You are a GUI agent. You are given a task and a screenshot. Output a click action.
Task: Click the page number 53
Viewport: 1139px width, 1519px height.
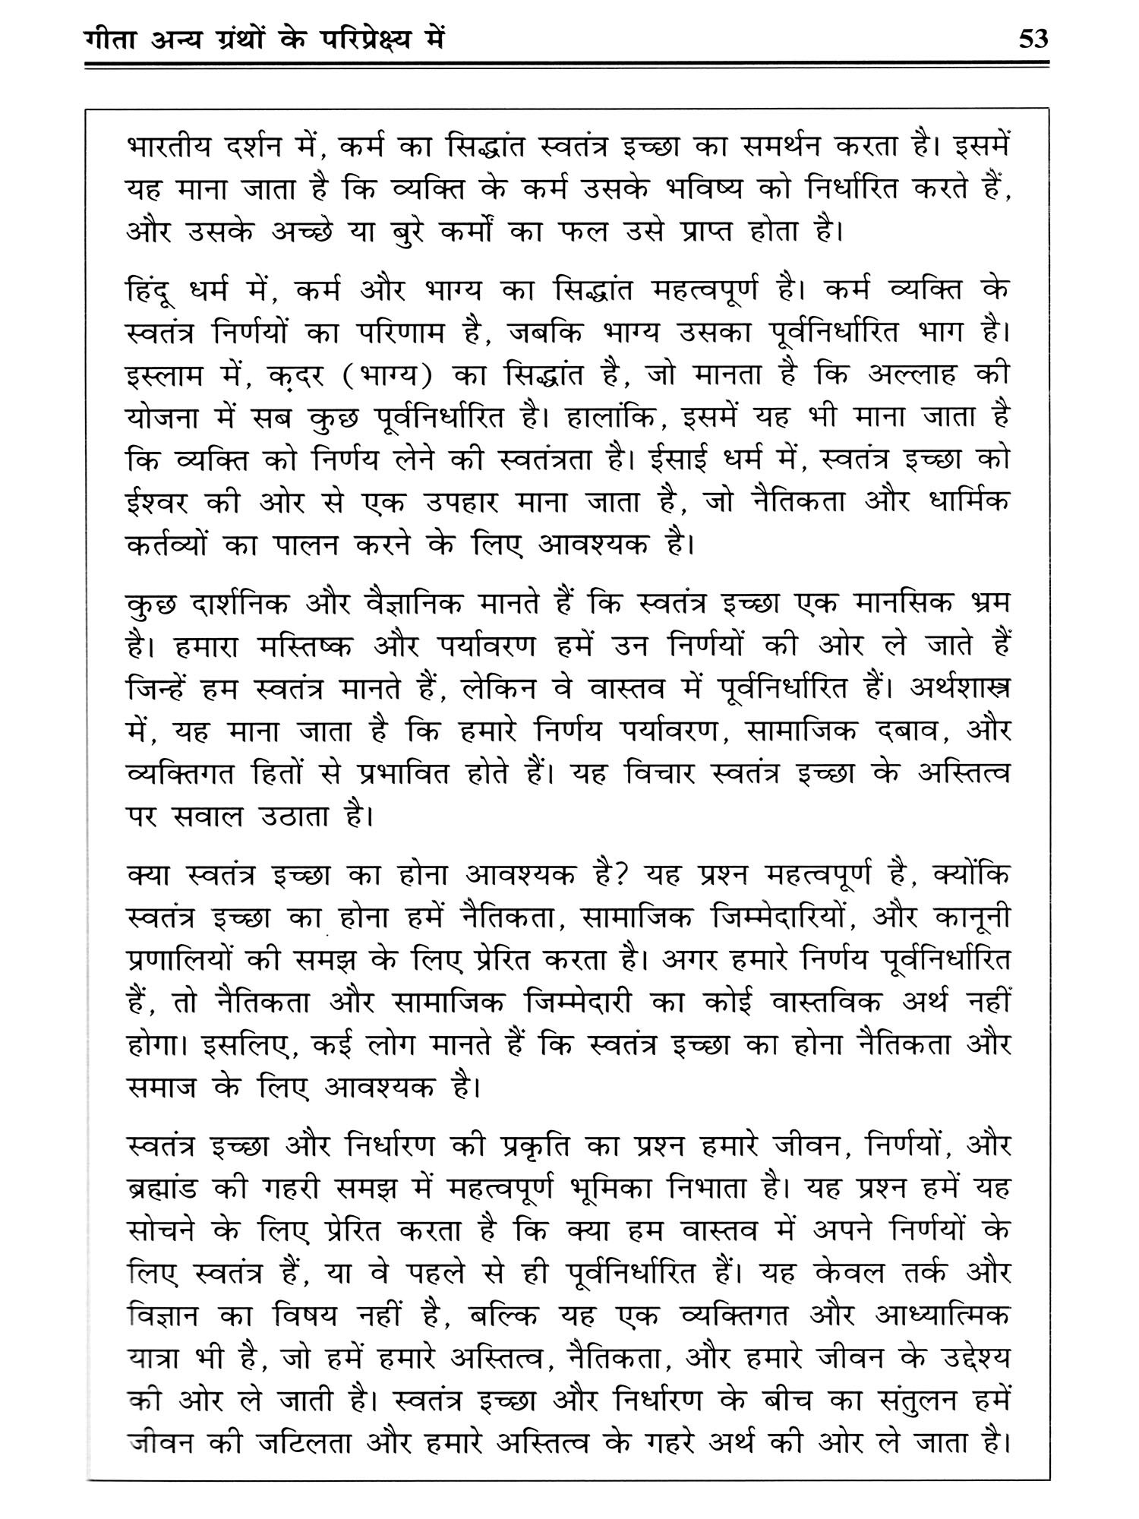1033,38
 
